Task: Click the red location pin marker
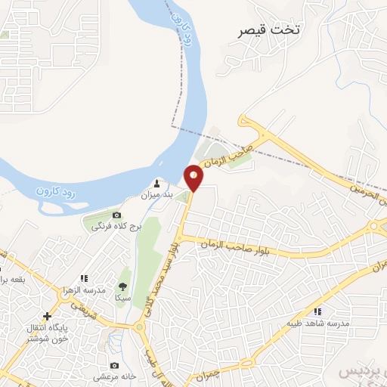(194, 177)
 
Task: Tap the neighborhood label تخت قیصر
(269, 30)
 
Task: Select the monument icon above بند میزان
(157, 184)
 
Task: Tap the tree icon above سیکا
(122, 286)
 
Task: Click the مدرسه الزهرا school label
(84, 291)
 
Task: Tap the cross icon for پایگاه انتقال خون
(47, 315)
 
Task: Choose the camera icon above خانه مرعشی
(113, 366)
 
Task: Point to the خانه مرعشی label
(114, 376)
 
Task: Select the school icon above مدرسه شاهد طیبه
(318, 311)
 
